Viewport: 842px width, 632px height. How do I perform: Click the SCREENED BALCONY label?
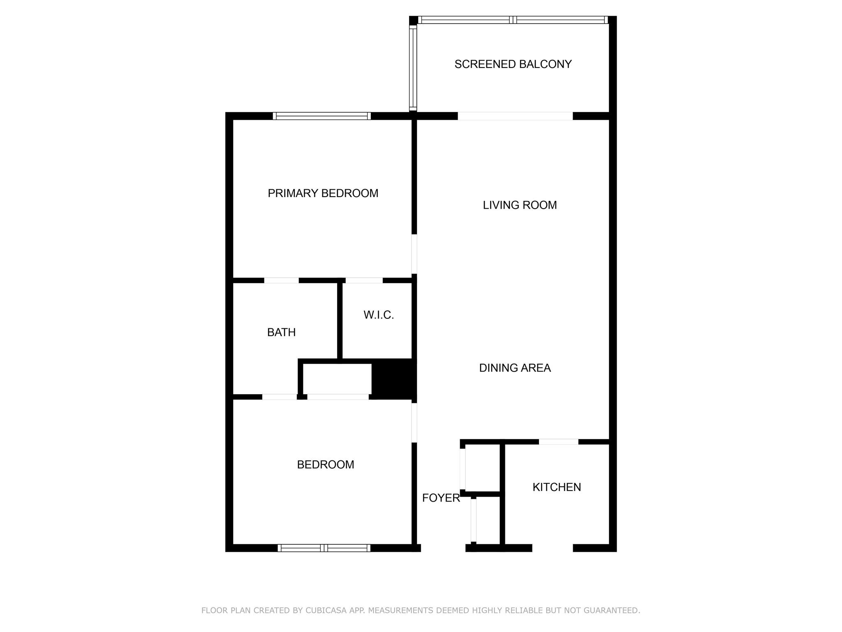pyautogui.click(x=513, y=64)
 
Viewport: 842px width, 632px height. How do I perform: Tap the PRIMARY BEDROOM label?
pyautogui.click(x=323, y=193)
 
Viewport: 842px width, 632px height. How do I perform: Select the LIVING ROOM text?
pyautogui.click(x=520, y=205)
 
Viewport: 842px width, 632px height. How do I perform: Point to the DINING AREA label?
pyautogui.click(x=515, y=368)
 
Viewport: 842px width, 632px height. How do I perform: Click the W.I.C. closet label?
pyautogui.click(x=379, y=315)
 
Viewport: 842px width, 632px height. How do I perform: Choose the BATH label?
pyautogui.click(x=281, y=332)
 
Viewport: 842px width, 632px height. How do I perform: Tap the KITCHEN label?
pyautogui.click(x=557, y=487)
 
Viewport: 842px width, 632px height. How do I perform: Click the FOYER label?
pyautogui.click(x=441, y=498)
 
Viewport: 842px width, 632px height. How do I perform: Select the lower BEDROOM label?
pyautogui.click(x=325, y=465)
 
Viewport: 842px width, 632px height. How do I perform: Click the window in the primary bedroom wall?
pyautogui.click(x=322, y=116)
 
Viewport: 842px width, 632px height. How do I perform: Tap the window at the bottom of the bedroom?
pyautogui.click(x=324, y=548)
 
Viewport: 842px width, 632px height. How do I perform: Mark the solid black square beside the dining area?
pyautogui.click(x=393, y=379)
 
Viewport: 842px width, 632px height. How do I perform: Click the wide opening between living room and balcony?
pyautogui.click(x=515, y=116)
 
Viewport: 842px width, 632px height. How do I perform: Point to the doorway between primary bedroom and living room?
pyautogui.click(x=414, y=254)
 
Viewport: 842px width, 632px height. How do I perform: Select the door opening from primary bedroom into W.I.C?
pyautogui.click(x=364, y=281)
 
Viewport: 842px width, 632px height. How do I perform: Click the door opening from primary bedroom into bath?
pyautogui.click(x=281, y=281)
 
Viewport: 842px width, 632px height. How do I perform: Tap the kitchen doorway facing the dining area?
pyautogui.click(x=558, y=442)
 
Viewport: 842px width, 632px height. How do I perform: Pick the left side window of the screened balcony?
pyautogui.click(x=413, y=68)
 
